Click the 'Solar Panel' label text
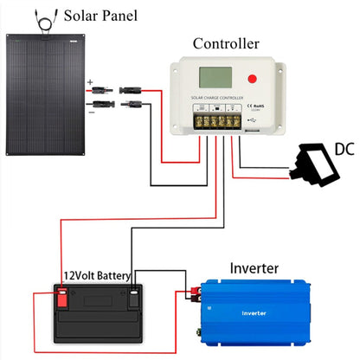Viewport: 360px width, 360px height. coord(96,16)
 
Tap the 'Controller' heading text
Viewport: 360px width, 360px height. coord(225,43)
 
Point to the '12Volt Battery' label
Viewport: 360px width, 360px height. coord(96,277)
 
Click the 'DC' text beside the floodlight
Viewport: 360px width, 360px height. coord(344,148)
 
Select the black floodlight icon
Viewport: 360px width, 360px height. coord(316,165)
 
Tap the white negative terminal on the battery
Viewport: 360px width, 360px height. coord(134,299)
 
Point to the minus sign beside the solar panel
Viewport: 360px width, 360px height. coord(89,110)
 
